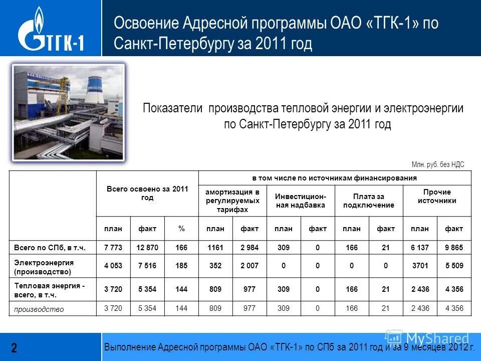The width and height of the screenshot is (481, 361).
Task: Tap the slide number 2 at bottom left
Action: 14,347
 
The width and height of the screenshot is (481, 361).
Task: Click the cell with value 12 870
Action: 147,248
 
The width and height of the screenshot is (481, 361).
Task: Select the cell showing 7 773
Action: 113,248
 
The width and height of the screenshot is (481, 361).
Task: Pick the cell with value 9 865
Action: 454,248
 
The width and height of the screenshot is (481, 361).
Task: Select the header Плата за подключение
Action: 369,201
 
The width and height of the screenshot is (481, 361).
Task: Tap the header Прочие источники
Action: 437,197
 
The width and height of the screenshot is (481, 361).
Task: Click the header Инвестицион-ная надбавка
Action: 301,201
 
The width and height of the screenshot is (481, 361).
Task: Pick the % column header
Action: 181,229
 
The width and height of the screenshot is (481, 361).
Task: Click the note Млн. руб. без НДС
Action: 438,164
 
